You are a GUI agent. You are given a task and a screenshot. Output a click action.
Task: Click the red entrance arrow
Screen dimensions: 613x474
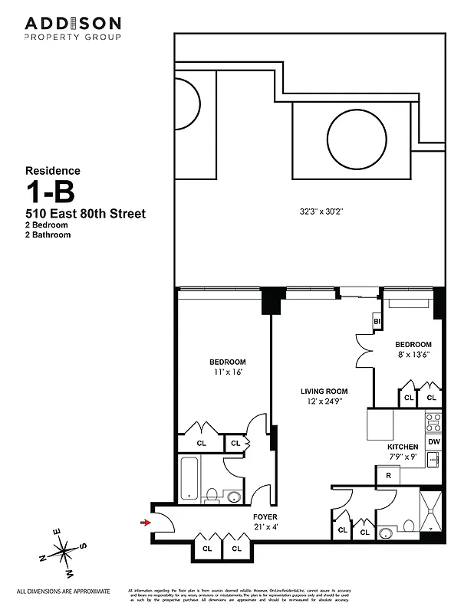[145, 523]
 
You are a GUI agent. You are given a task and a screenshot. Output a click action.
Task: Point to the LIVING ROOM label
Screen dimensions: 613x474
[324, 391]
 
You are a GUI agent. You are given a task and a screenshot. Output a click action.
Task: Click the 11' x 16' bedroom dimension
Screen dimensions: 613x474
[227, 372]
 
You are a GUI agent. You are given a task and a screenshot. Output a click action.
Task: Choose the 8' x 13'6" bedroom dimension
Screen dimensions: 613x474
[413, 355]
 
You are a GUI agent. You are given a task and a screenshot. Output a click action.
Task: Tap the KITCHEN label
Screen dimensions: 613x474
[403, 447]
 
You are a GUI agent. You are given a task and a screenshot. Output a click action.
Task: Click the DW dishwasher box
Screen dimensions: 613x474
[433, 442]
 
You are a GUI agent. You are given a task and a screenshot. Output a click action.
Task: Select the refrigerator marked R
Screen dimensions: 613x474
[389, 476]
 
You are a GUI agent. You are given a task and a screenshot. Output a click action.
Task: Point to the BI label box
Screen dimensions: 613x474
[377, 321]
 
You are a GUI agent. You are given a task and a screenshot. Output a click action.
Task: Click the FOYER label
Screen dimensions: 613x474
[265, 516]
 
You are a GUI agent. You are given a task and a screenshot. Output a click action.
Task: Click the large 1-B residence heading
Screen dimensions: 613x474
[54, 192]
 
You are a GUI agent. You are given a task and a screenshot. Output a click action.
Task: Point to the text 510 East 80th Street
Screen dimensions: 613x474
[85, 213]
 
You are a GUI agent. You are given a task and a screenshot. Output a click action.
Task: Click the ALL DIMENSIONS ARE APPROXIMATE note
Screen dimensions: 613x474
[64, 592]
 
